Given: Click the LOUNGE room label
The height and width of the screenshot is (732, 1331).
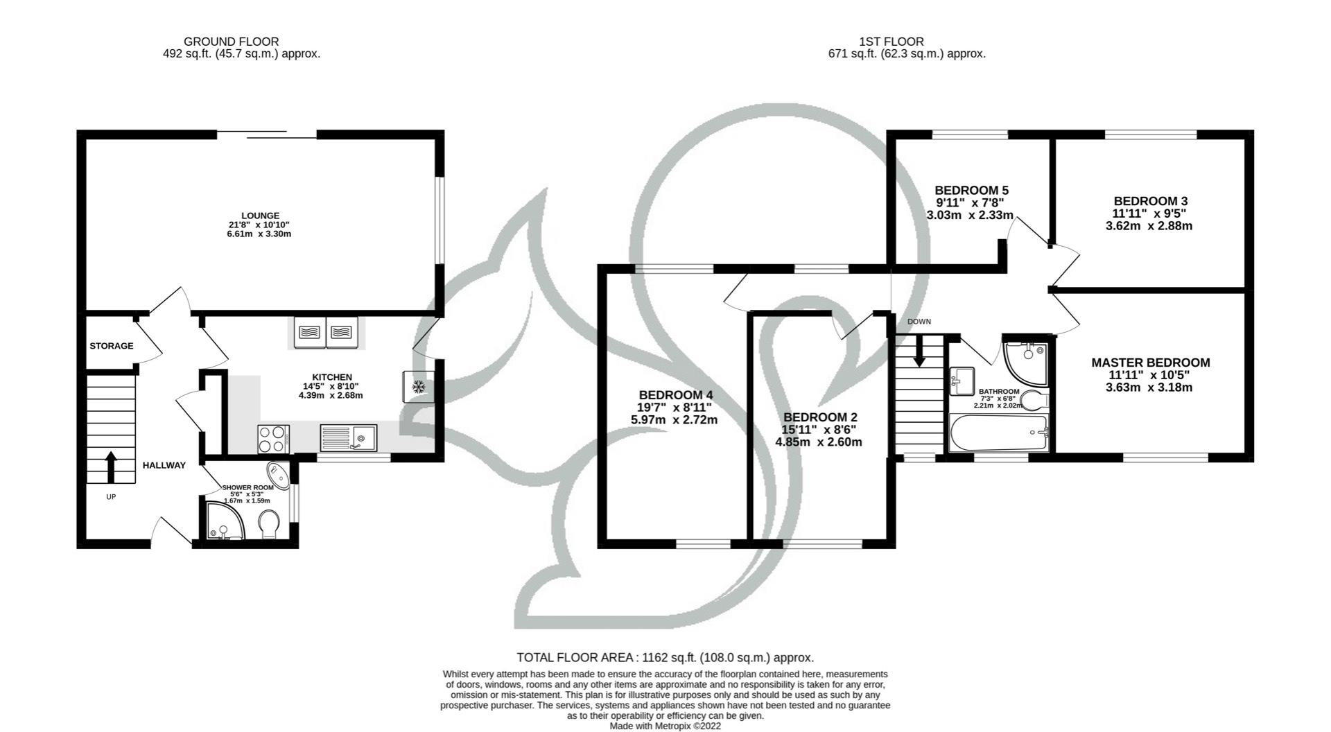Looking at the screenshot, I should click(260, 216).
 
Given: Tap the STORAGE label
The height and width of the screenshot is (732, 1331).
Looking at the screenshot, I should click(111, 346).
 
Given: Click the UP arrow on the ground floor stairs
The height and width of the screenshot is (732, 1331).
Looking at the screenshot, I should click(110, 467).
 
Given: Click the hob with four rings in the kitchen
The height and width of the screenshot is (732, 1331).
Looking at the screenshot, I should click(273, 437).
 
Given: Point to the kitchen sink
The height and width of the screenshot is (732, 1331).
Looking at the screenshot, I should click(348, 438).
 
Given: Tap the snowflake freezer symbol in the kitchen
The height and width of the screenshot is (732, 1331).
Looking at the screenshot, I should click(418, 387).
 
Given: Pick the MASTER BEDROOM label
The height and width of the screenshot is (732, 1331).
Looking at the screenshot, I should click(1150, 363).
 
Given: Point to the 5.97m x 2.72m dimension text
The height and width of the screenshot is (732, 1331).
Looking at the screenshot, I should click(674, 420).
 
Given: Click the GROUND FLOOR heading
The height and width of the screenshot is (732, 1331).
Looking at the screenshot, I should click(231, 42).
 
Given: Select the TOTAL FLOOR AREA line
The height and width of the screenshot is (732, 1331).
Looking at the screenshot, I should click(665, 657).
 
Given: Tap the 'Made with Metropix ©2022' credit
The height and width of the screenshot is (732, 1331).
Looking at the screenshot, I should click(665, 726).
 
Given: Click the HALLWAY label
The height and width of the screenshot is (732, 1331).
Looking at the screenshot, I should click(164, 465).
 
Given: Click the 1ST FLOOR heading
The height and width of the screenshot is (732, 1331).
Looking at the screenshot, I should click(890, 42).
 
